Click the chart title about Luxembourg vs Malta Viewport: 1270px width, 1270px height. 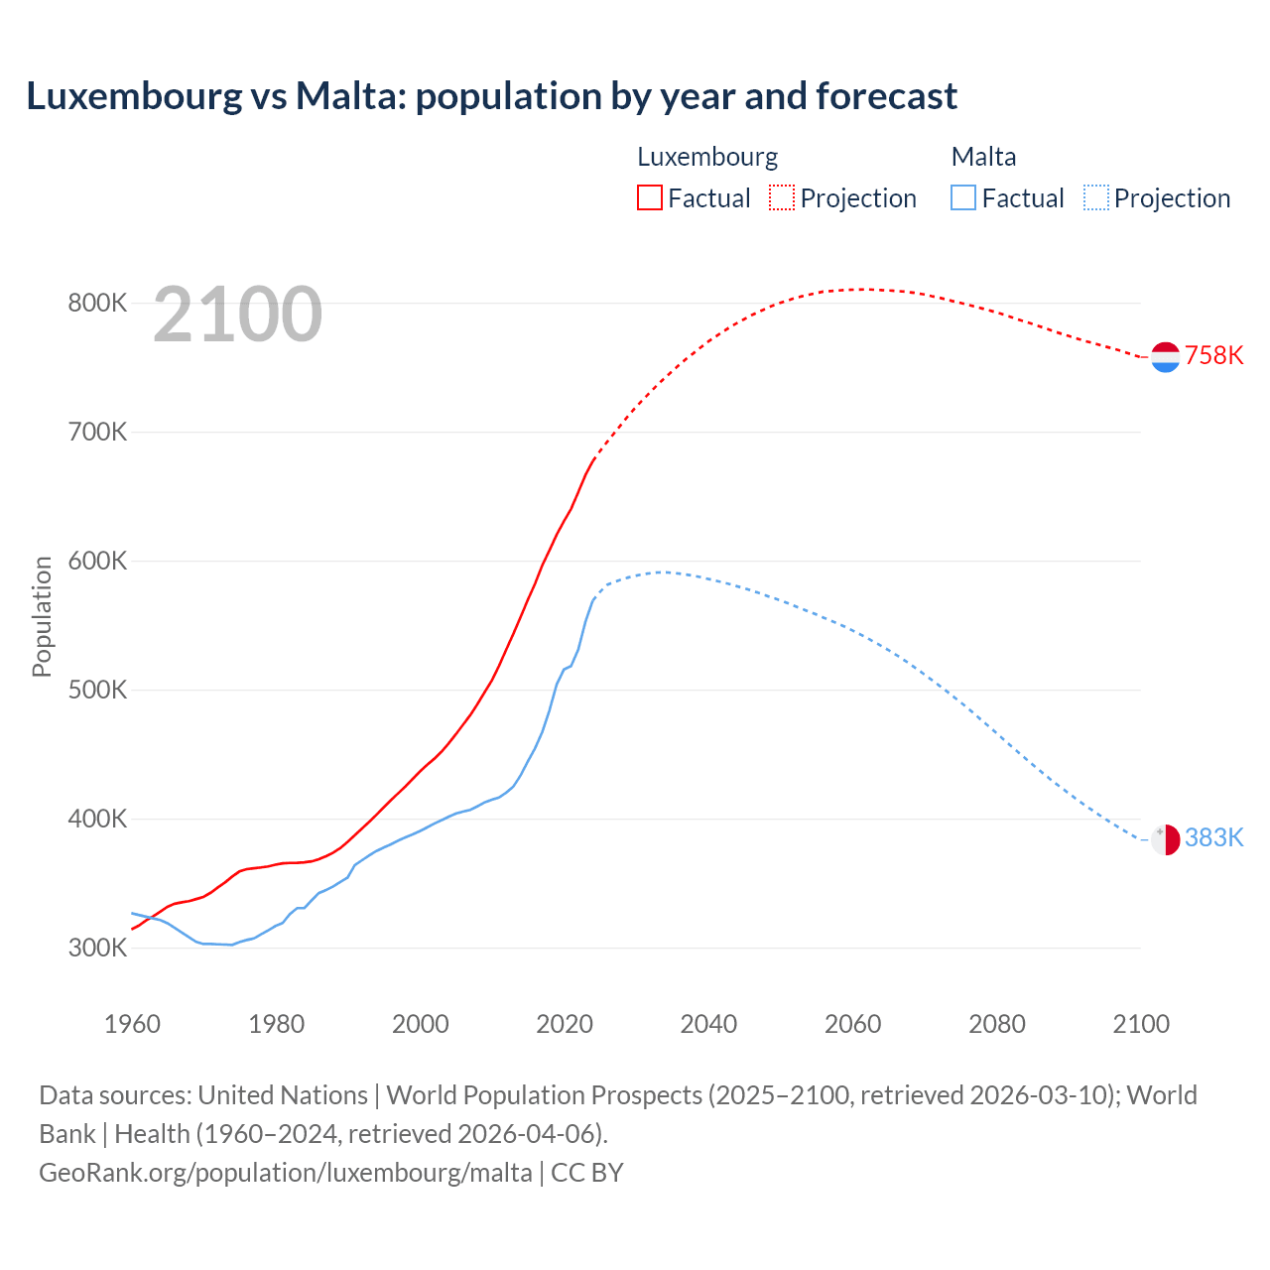(x=491, y=96)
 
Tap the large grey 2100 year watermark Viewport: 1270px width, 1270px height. (x=237, y=315)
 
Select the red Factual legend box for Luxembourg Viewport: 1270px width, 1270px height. (x=649, y=197)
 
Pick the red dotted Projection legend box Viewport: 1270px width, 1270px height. (x=782, y=197)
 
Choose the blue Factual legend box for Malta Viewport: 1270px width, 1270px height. (x=962, y=197)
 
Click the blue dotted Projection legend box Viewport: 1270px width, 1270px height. (x=1095, y=197)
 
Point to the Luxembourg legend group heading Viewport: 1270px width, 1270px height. (x=706, y=157)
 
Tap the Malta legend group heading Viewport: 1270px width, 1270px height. (x=983, y=157)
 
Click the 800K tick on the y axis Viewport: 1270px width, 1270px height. (x=97, y=303)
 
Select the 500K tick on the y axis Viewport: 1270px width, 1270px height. (x=97, y=690)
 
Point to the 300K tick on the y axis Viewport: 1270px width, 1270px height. (x=97, y=948)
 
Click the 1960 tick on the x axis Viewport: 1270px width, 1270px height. (x=132, y=1024)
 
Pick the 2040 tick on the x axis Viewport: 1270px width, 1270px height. (x=708, y=1024)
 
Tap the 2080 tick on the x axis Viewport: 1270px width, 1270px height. (x=996, y=1024)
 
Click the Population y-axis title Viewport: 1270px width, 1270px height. (x=42, y=616)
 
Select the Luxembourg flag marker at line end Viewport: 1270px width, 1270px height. (x=1165, y=356)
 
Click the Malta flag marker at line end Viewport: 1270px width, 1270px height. (x=1165, y=839)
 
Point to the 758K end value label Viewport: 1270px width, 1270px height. (x=1213, y=356)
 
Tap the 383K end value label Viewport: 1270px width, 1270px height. (x=1213, y=838)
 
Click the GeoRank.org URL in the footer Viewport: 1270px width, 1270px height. (x=286, y=1173)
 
